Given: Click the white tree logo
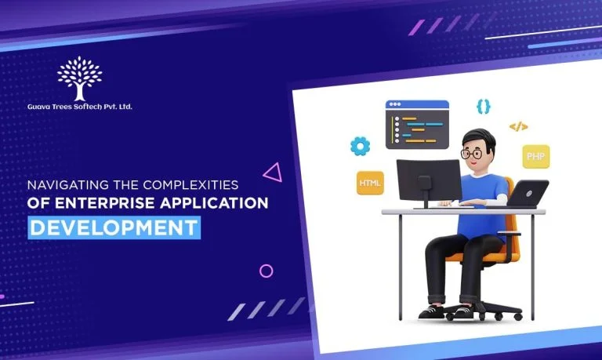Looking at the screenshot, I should (x=79, y=78).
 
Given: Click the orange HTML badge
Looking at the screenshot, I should (x=370, y=184).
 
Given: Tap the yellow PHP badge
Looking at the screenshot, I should (x=536, y=156).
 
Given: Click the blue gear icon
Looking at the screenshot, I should (x=361, y=145).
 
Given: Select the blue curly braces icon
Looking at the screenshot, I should (x=484, y=106).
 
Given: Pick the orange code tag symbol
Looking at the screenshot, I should (x=518, y=125).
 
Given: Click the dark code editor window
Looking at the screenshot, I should (x=417, y=125).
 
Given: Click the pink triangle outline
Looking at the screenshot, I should (x=273, y=172).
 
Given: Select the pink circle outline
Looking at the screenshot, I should (x=267, y=271).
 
